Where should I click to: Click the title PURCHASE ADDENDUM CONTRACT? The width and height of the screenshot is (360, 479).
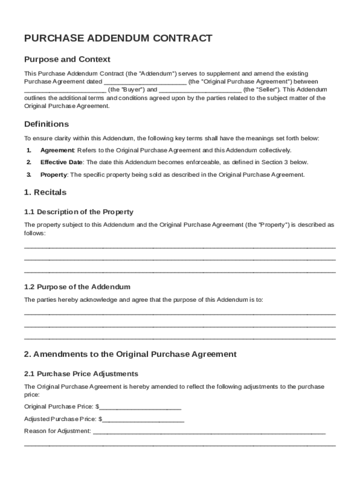[x=118, y=39]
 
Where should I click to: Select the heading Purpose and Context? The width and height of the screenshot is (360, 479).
[x=67, y=59]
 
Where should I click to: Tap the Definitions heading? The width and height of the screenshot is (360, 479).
[x=46, y=124]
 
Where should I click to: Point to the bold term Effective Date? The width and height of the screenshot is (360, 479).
[x=61, y=162]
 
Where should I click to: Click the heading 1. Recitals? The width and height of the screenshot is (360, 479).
[x=45, y=192]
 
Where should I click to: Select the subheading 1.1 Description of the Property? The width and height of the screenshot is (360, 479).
[x=79, y=212]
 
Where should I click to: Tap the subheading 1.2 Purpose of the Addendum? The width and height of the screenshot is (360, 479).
[x=77, y=287]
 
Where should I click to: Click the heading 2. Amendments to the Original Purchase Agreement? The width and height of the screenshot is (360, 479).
[x=130, y=355]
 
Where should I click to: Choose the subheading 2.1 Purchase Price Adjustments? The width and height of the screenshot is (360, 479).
[x=81, y=374]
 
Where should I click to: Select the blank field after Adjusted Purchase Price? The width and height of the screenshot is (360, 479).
[x=144, y=419]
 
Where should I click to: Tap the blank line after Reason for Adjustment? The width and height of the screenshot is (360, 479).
[x=209, y=431]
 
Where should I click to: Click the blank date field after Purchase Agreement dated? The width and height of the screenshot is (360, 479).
[x=145, y=82]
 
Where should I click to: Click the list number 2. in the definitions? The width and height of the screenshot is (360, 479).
[x=29, y=162]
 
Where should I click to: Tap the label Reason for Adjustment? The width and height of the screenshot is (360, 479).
[x=57, y=431]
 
